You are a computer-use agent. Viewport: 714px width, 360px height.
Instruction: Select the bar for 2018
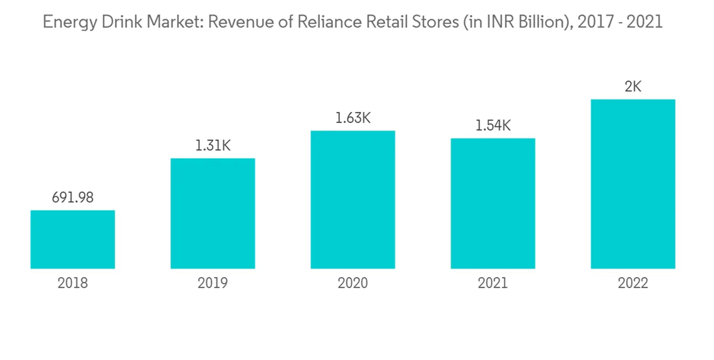(73, 239)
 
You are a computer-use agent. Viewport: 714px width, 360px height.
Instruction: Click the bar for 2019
(213, 214)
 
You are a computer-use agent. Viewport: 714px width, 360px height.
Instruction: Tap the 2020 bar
(353, 200)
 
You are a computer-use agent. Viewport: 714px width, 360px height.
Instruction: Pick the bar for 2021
(493, 204)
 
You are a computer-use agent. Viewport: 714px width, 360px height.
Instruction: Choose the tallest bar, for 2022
(633, 184)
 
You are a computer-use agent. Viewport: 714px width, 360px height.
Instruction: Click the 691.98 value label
(73, 198)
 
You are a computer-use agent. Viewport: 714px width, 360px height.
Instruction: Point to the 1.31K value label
(213, 146)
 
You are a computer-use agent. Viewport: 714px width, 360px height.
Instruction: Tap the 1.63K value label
(353, 118)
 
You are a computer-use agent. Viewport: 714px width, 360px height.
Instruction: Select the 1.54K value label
(493, 126)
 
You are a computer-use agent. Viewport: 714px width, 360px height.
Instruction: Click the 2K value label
(633, 86)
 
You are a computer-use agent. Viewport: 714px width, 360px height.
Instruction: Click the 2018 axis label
(73, 284)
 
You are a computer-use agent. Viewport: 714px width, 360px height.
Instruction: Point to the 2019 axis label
(213, 284)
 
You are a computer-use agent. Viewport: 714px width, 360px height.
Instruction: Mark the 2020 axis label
(353, 284)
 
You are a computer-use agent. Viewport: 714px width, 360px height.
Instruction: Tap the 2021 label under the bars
(493, 284)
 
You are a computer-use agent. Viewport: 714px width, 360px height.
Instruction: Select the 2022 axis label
(633, 284)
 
